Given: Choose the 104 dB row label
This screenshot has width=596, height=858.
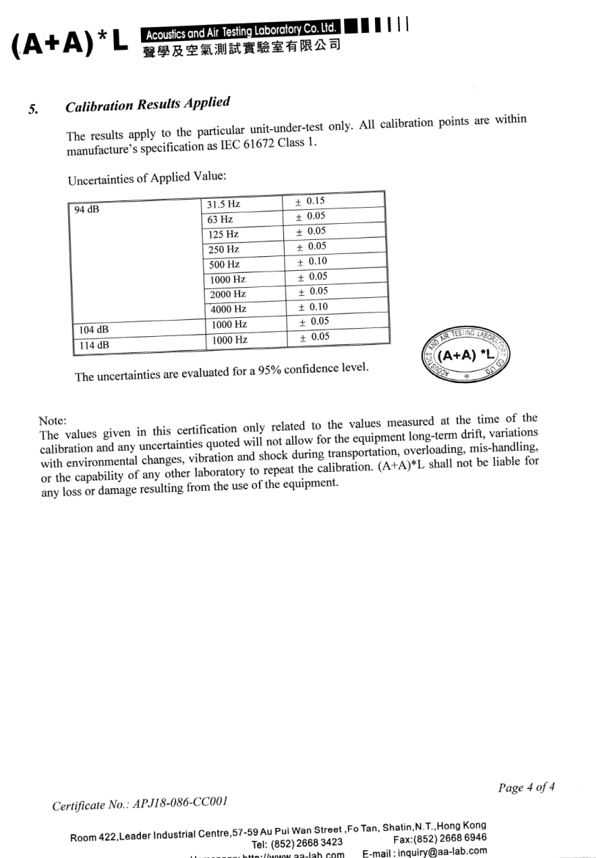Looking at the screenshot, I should pos(90,330).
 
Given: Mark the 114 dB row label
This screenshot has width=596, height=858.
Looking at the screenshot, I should pos(90,344).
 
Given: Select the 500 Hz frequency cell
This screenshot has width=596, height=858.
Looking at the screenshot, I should pos(225,264).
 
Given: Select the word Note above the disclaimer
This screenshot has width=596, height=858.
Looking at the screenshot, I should pos(52,420).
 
